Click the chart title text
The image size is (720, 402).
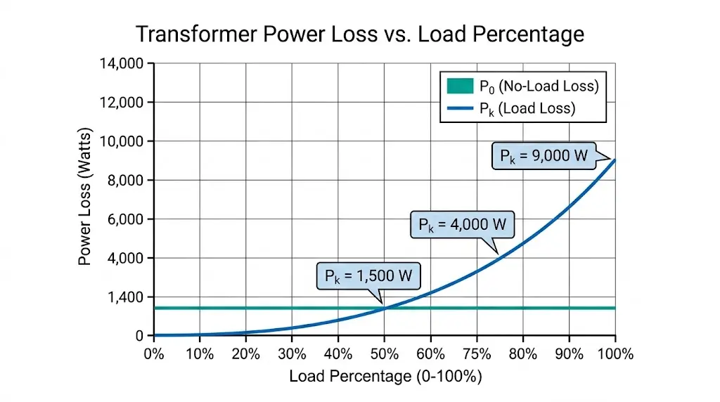pyautogui.click(x=359, y=34)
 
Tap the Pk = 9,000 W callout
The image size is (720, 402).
pyautogui.click(x=543, y=155)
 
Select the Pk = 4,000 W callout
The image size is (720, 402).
pyautogui.click(x=462, y=225)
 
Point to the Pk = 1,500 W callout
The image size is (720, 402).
pyautogui.click(x=368, y=276)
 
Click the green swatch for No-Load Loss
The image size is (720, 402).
pyautogui.click(x=460, y=86)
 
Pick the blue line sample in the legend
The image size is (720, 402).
pyautogui.click(x=460, y=108)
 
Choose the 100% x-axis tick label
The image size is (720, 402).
pyautogui.click(x=615, y=354)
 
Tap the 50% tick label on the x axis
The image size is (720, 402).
pyautogui.click(x=385, y=354)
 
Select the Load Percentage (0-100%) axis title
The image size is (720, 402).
pyautogui.click(x=385, y=377)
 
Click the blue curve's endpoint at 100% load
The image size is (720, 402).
pyautogui.click(x=615, y=160)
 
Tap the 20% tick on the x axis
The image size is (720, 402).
pyautogui.click(x=246, y=354)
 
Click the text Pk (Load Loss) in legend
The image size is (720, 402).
pyautogui.click(x=527, y=108)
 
